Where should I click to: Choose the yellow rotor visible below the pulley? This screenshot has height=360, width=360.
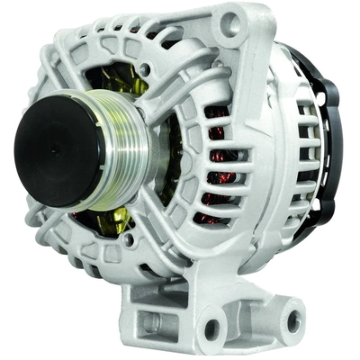[x=99, y=225]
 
